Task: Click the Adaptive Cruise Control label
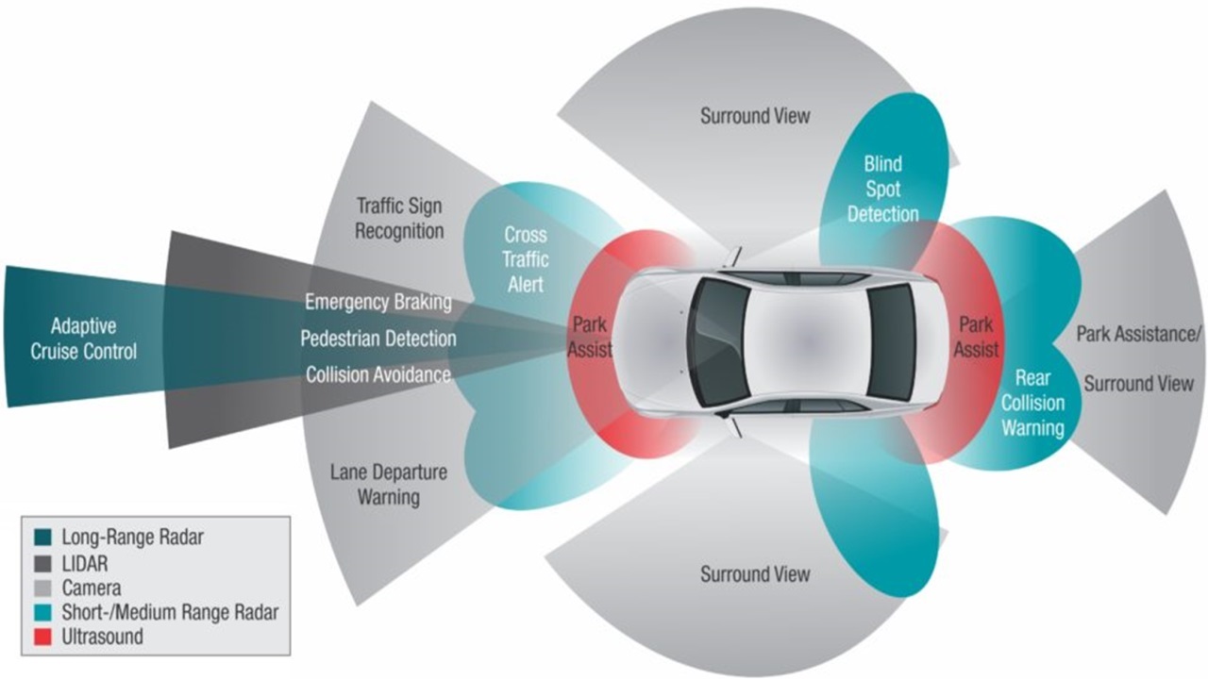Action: pos(83,339)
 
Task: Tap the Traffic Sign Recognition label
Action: pos(399,218)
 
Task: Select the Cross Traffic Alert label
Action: pos(526,258)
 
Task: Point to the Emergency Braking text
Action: pos(377,303)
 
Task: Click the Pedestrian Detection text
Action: pos(378,339)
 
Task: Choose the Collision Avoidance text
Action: pos(377,374)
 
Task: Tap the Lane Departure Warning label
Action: pos(388,484)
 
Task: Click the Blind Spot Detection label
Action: pos(882,189)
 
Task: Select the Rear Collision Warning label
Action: pos(1032,403)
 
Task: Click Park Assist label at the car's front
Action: pos(591,337)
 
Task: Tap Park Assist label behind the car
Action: pos(976,337)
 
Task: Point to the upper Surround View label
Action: pos(755,117)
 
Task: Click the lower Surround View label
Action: pos(755,573)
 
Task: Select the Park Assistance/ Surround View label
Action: pos(1138,359)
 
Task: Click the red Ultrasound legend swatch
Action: pos(42,637)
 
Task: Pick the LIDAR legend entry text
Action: pos(86,563)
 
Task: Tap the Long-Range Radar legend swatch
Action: pos(42,538)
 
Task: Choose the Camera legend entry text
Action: pos(92,588)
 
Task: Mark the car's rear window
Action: pos(891,340)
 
